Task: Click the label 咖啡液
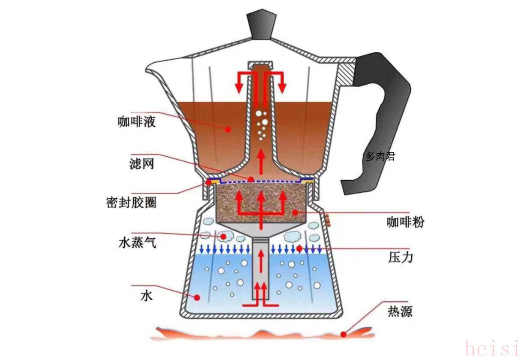tap(136, 122)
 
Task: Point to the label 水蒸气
tap(137, 243)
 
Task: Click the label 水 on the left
tap(147, 296)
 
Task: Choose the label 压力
tap(401, 258)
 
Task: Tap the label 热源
tap(400, 311)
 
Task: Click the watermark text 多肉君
tap(380, 157)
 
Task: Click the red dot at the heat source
tap(343, 334)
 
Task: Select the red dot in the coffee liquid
tap(229, 128)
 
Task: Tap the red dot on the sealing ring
tap(209, 182)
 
